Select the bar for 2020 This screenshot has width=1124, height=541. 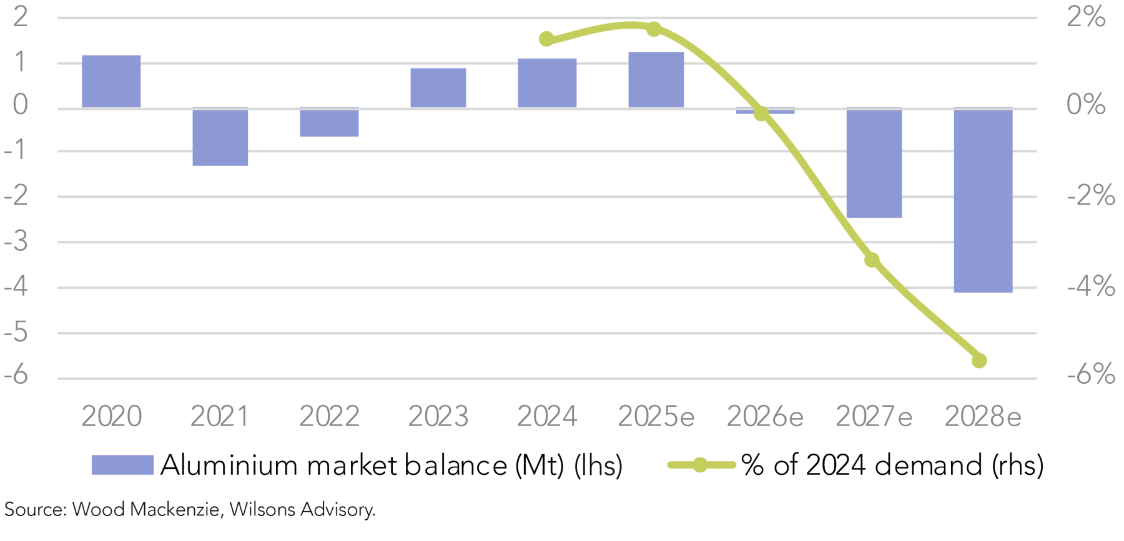point(111,81)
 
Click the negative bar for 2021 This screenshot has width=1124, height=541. point(220,137)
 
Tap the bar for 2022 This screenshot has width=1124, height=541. point(329,122)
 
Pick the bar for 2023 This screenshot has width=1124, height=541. point(438,88)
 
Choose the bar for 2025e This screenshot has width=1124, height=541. point(656,80)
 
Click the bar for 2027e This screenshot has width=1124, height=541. point(874,163)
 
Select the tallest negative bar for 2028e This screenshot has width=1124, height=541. point(983,200)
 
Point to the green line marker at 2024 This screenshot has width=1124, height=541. point(546,39)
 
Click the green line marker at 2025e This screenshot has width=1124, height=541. point(654,29)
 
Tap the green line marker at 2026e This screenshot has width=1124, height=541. point(761,114)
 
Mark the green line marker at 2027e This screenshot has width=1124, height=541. point(872,260)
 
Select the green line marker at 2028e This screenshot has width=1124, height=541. point(979,361)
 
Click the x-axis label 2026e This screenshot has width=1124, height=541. point(765,417)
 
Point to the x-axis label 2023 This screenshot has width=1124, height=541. point(438,417)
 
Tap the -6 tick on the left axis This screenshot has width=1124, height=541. point(16,375)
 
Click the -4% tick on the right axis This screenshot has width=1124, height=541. point(1090,287)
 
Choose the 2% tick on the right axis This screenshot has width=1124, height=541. point(1085,17)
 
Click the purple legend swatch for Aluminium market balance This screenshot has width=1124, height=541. point(122,465)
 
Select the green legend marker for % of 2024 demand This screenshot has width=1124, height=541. point(700,465)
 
